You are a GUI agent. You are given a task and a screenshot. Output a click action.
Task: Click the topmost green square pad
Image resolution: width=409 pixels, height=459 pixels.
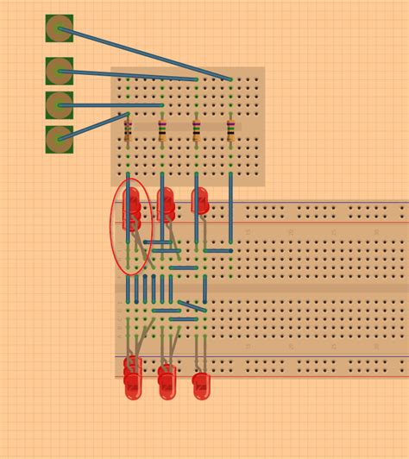tap(59, 28)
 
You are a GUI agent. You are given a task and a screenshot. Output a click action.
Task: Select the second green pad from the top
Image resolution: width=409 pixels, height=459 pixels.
tap(59, 71)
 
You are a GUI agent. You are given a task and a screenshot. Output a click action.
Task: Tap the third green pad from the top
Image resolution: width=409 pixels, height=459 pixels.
tap(59, 105)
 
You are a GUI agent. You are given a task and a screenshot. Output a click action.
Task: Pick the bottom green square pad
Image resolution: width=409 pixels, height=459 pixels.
tap(59, 139)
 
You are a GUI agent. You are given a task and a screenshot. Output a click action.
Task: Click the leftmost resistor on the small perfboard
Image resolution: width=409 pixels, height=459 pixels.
tap(128, 130)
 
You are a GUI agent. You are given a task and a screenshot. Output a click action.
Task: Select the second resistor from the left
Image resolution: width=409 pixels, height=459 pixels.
tap(162, 130)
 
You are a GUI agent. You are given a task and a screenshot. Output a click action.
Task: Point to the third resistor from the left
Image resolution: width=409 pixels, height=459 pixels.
tap(196, 130)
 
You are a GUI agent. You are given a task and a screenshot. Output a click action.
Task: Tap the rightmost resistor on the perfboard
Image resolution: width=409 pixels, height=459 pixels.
tap(230, 130)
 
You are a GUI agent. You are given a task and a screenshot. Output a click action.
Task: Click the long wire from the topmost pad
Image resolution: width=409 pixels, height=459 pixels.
tap(147, 54)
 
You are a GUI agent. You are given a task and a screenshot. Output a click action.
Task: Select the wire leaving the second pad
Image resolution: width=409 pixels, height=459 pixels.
tap(129, 75)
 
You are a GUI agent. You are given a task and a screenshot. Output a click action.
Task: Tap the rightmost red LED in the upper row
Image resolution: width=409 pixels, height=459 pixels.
tap(200, 201)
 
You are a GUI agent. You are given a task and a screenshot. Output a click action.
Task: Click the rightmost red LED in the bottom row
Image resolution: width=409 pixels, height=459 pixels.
tap(201, 385)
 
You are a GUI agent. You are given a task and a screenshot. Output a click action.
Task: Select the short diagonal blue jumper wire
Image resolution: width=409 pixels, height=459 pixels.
tap(192, 305)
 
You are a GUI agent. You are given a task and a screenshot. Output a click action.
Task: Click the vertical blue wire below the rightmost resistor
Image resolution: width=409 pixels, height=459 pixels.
tap(230, 207)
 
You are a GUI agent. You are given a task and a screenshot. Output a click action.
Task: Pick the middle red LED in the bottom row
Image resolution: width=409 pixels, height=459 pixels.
tap(166, 381)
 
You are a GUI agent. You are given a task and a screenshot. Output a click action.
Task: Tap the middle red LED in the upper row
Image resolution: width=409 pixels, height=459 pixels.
tap(165, 202)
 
